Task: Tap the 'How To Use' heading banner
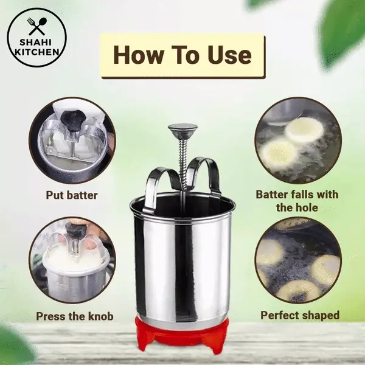pos(182,55)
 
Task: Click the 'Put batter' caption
pos(72,195)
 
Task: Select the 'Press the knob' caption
pos(75,316)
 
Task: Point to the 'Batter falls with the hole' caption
pos(297,201)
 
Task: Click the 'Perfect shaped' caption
pos(300,315)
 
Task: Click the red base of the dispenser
pos(182,336)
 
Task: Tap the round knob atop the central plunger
pos(182,130)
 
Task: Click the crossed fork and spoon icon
pos(38,25)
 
